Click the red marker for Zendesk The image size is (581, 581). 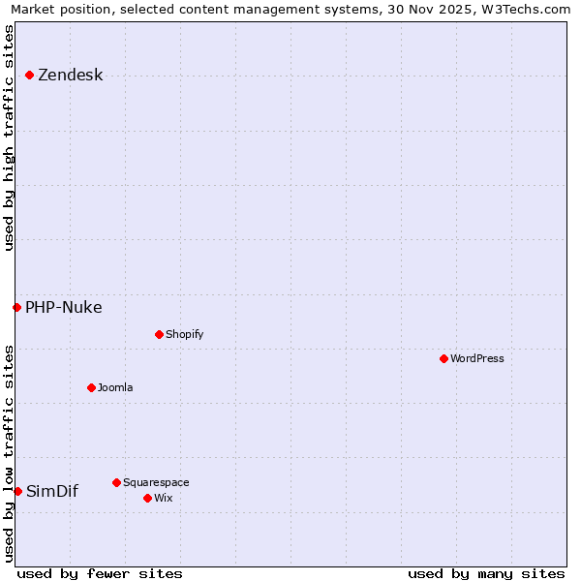(x=29, y=75)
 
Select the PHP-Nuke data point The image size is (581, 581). (x=16, y=307)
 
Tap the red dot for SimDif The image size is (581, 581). (x=17, y=491)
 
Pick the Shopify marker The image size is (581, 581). (x=159, y=334)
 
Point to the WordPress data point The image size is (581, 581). (x=443, y=358)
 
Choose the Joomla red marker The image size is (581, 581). (x=91, y=387)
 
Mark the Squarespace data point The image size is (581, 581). (x=116, y=482)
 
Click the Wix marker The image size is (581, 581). (x=147, y=498)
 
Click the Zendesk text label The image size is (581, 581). (x=70, y=76)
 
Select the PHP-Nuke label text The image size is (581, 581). (x=63, y=308)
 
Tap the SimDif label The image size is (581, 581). (x=51, y=492)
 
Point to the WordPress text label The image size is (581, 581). (x=477, y=358)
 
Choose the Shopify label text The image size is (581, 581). (x=184, y=334)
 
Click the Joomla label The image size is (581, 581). (x=115, y=387)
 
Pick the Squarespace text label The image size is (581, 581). (x=156, y=482)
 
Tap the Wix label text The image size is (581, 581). (x=163, y=498)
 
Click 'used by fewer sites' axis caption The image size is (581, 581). (x=100, y=573)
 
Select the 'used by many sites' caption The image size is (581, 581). (x=486, y=573)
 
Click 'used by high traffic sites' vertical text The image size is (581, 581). (x=9, y=138)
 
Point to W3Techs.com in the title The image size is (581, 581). (x=524, y=10)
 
